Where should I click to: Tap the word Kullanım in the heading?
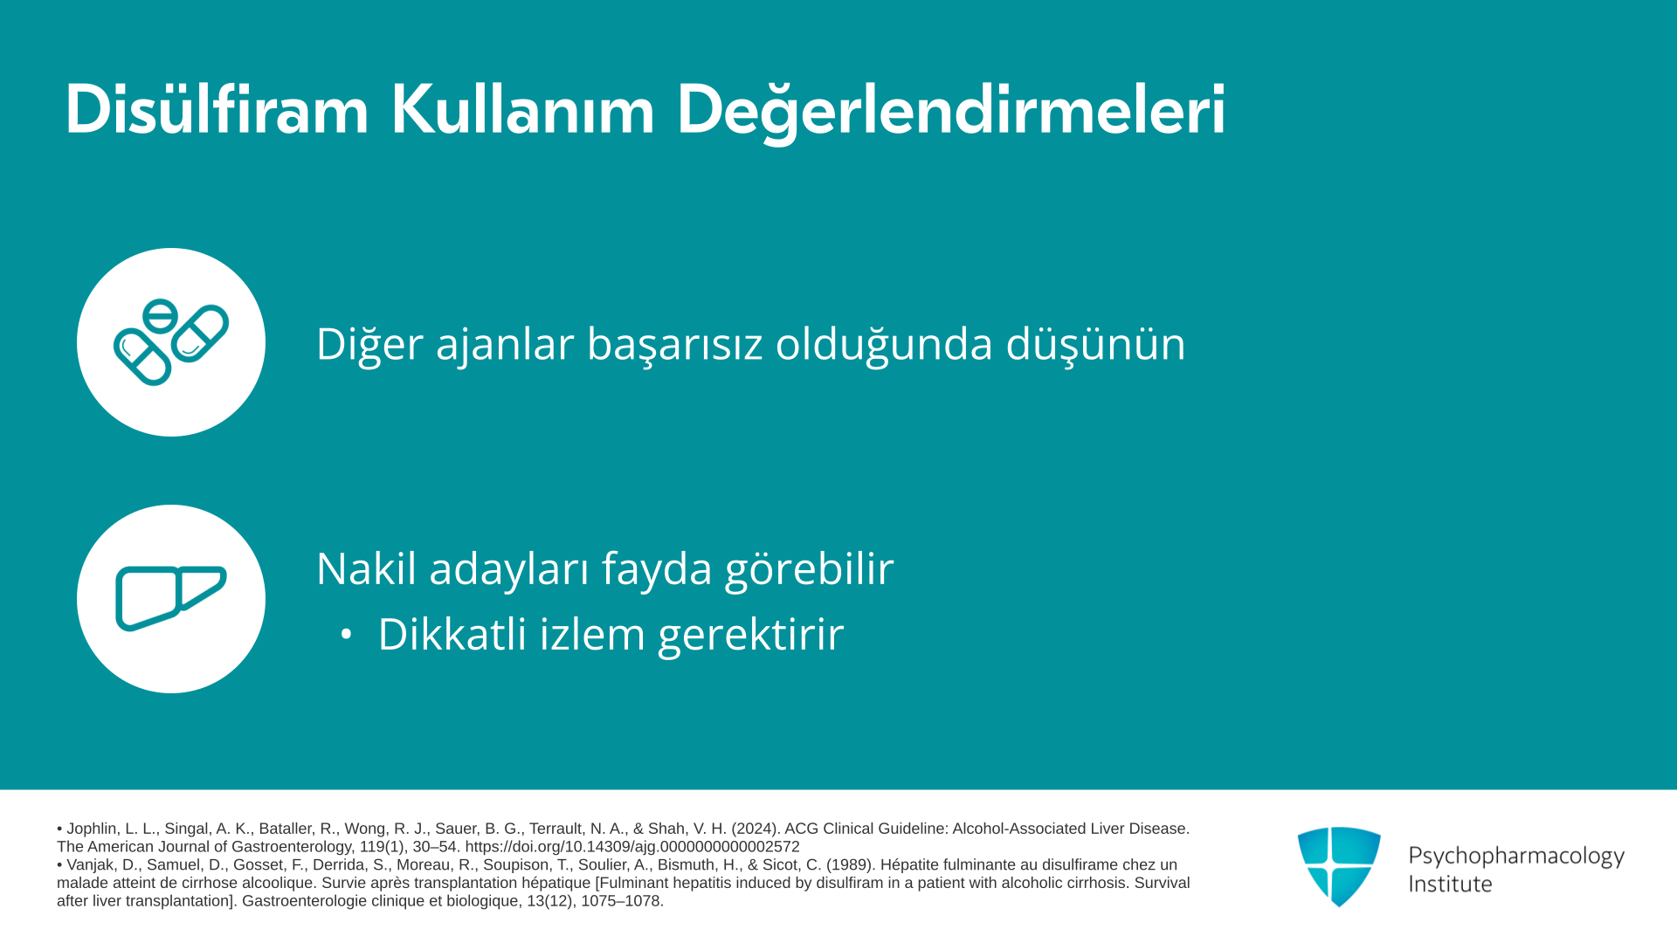point(522,110)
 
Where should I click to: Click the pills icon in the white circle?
point(171,342)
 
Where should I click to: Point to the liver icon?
point(171,598)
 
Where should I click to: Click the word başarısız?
point(675,344)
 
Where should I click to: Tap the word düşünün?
point(1095,344)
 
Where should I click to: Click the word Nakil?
point(366,568)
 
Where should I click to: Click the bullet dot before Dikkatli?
point(347,635)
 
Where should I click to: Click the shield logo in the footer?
point(1339,867)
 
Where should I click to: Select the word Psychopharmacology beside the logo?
point(1516,857)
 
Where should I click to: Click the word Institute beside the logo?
point(1450,884)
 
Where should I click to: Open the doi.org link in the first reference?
point(632,847)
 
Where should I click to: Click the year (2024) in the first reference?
point(756,829)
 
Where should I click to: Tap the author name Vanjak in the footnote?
point(93,865)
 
